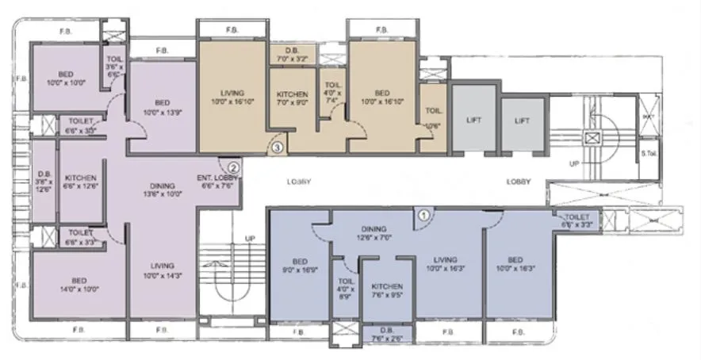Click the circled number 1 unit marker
423,213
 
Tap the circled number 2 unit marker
234,167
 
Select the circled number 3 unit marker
278,146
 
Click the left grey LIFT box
474,121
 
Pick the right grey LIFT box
522,121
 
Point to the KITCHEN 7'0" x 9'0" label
293,98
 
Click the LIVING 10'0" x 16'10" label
232,97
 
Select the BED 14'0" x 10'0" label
79,285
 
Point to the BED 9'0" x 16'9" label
301,265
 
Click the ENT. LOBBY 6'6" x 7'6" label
214,182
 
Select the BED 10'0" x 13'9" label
162,107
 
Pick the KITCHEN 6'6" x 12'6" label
81,182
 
